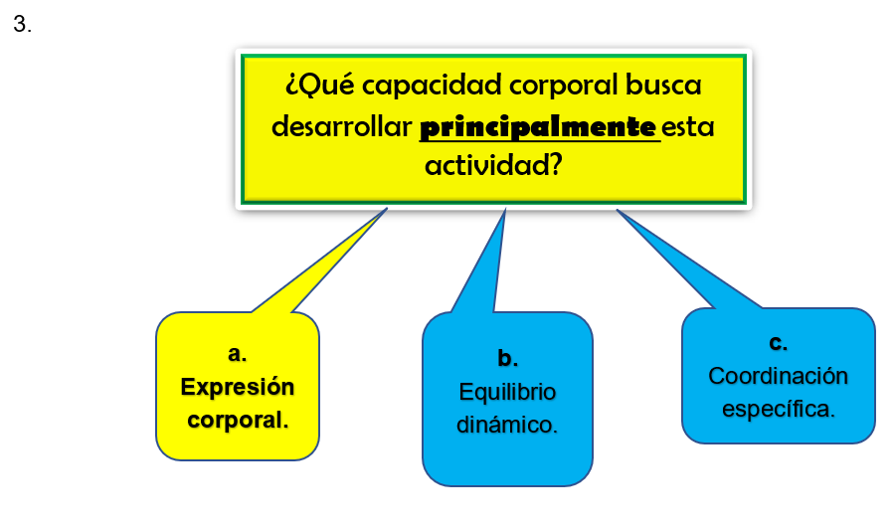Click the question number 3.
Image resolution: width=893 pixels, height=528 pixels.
pyautogui.click(x=22, y=25)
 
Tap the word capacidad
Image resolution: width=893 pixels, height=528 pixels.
pyautogui.click(x=432, y=86)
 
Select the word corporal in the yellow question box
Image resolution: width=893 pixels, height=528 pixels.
pyautogui.click(x=563, y=86)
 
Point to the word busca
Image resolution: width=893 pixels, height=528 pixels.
pyautogui.click(x=663, y=85)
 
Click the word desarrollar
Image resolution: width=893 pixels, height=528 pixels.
pyautogui.click(x=342, y=126)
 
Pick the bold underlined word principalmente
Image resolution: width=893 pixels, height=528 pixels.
pyautogui.click(x=538, y=127)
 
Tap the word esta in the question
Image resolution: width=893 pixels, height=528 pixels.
pyautogui.click(x=687, y=127)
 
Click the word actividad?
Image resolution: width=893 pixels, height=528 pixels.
pyautogui.click(x=493, y=166)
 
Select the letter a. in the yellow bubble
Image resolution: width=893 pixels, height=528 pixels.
pyautogui.click(x=237, y=354)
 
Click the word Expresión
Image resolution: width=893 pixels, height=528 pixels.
pyautogui.click(x=238, y=388)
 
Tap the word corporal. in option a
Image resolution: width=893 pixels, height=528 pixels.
pyautogui.click(x=238, y=421)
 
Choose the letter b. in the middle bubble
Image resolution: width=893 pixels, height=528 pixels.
pyautogui.click(x=507, y=358)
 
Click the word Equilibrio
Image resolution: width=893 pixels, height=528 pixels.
pyautogui.click(x=507, y=392)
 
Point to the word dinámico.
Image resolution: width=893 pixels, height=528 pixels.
pyautogui.click(x=507, y=425)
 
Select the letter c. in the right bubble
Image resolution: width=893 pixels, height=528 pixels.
pyautogui.click(x=778, y=343)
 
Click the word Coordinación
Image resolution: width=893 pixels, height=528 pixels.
pyautogui.click(x=778, y=376)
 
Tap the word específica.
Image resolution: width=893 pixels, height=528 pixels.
pyautogui.click(x=778, y=409)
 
